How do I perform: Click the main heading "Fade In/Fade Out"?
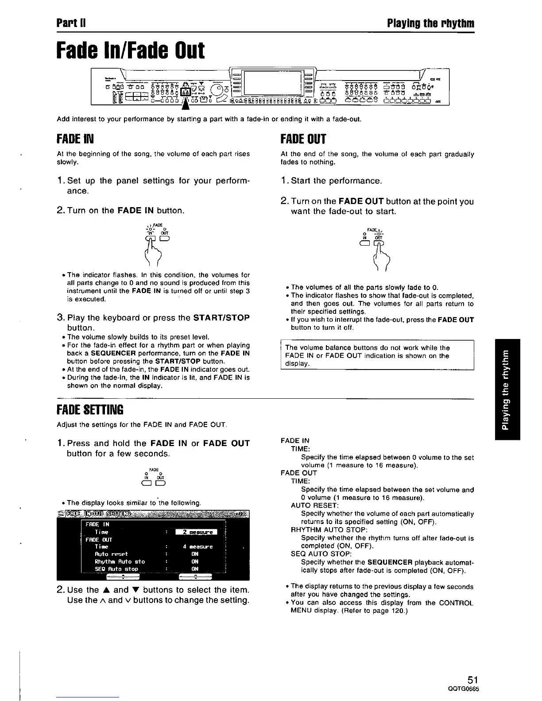[x=131, y=51]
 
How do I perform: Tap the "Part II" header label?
[x=70, y=23]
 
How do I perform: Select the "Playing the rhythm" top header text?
[x=430, y=23]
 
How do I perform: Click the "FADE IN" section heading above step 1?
[x=75, y=139]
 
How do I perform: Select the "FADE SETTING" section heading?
[x=90, y=409]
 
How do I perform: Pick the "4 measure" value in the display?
[x=197, y=547]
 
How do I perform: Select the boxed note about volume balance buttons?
[x=377, y=355]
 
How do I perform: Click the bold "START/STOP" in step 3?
[x=221, y=318]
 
